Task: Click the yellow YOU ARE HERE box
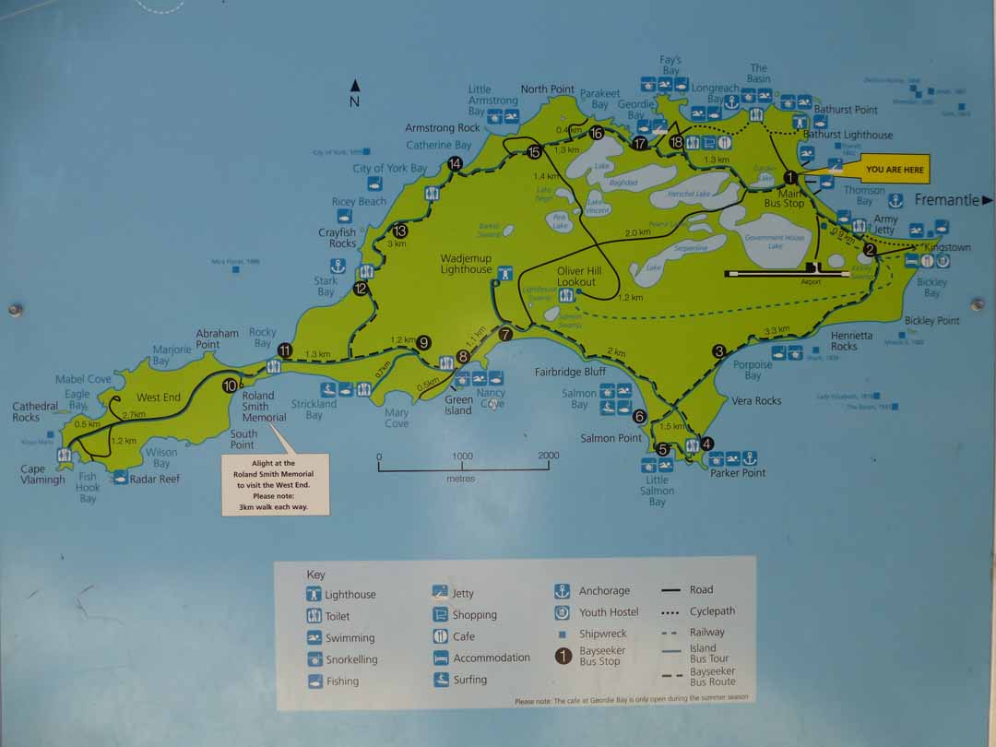pos(895,170)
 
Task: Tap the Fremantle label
pos(949,199)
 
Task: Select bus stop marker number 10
pos(230,385)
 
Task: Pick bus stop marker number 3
pos(718,350)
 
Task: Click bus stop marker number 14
pos(455,164)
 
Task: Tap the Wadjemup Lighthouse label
pos(466,264)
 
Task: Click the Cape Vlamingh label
pos(44,474)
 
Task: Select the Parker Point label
pos(738,473)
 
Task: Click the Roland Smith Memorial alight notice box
pos(275,483)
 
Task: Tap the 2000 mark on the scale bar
pos(548,456)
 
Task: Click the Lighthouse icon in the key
pos(314,595)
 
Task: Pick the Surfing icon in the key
pos(440,680)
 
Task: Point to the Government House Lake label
pos(776,242)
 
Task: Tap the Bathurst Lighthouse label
pos(848,135)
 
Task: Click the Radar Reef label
pos(155,479)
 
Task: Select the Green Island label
pos(458,405)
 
